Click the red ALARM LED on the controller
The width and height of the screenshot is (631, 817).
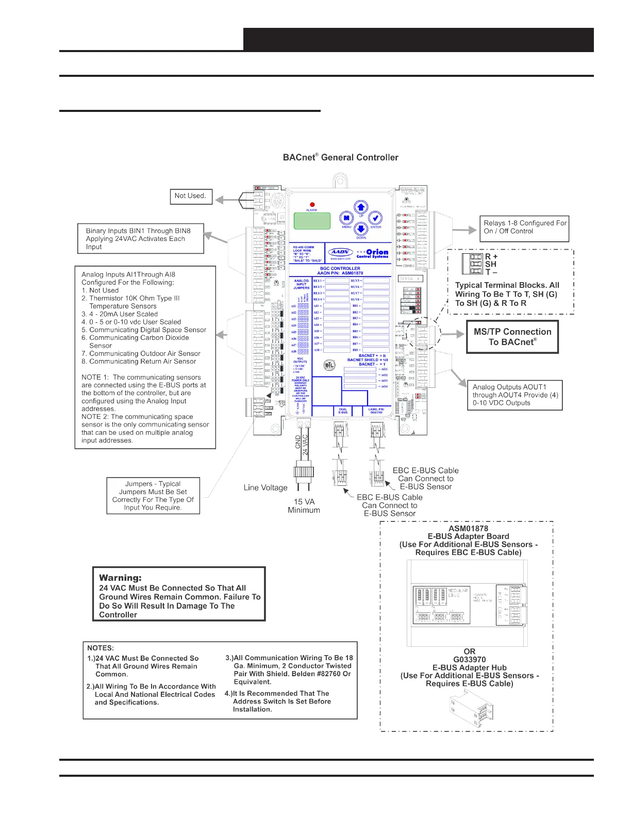click(312, 205)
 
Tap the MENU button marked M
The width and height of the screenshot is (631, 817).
click(346, 218)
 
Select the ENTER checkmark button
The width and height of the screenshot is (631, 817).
click(376, 218)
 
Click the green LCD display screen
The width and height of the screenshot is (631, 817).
click(312, 221)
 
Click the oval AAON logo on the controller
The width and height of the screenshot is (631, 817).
click(340, 252)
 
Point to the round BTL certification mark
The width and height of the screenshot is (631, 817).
click(329, 365)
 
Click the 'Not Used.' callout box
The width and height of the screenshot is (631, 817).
click(191, 196)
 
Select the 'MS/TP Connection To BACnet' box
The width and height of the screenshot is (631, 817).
click(512, 337)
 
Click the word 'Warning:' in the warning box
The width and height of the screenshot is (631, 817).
click(120, 578)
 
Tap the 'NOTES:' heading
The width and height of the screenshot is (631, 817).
click(101, 648)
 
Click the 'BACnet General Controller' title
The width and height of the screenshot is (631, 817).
click(340, 157)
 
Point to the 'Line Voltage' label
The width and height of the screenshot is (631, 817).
click(265, 487)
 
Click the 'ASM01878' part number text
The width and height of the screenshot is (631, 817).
click(468, 528)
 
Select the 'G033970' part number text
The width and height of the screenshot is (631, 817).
click(469, 659)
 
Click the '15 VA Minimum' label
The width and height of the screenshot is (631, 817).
click(304, 505)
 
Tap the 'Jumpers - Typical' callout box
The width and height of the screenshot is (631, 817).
click(153, 496)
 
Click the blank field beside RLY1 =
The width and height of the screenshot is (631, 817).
click(337, 281)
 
